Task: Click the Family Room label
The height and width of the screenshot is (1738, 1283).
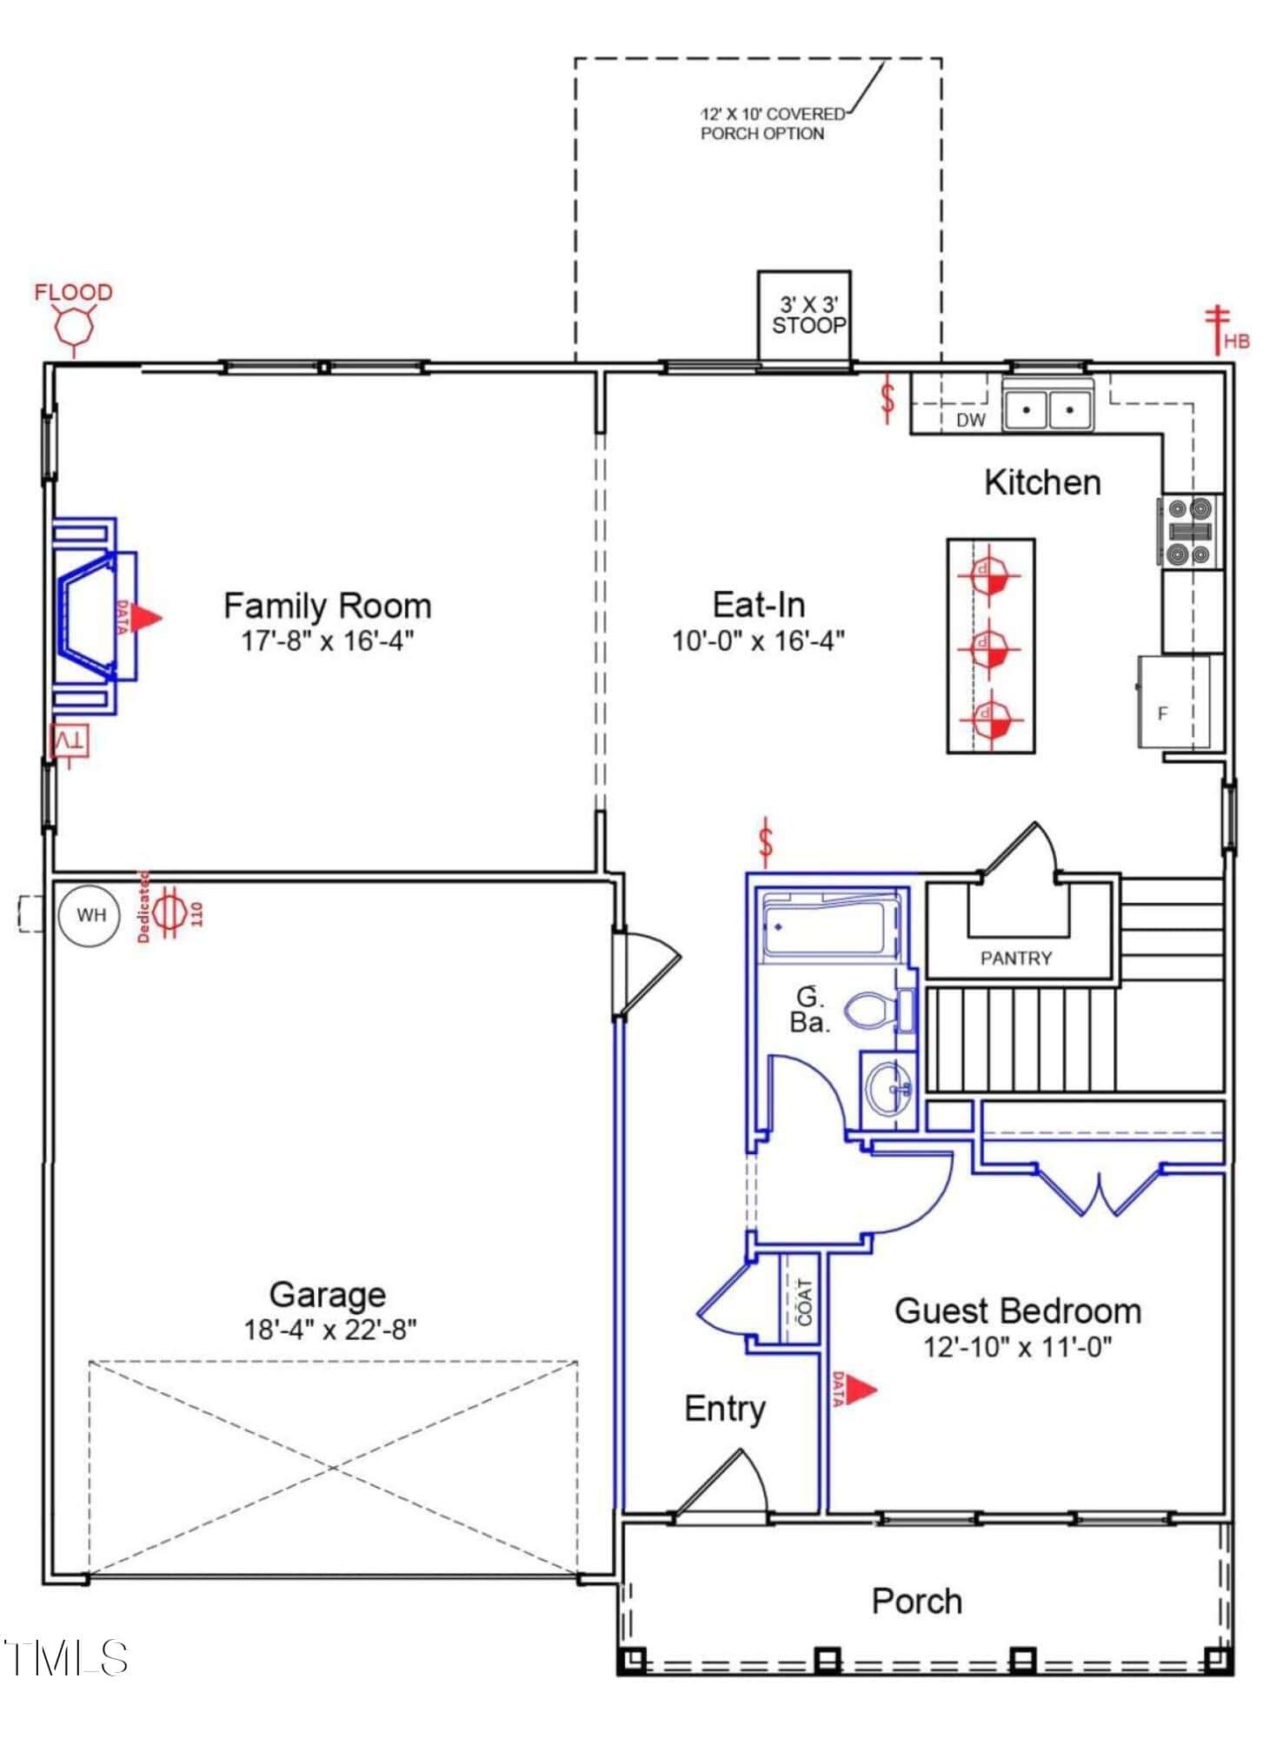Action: (x=328, y=606)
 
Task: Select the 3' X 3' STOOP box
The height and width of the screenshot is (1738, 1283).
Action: (x=804, y=316)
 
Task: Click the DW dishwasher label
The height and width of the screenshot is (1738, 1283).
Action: (x=971, y=420)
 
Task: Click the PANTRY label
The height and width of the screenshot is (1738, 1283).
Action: (x=1016, y=959)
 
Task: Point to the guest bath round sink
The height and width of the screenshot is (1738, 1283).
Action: (x=888, y=1087)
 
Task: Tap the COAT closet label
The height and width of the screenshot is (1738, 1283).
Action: (x=804, y=1302)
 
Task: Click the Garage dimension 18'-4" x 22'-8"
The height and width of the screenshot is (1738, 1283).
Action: (x=330, y=1329)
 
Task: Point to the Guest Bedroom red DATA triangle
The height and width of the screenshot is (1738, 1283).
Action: (x=861, y=1390)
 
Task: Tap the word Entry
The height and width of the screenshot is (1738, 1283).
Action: (x=725, y=1409)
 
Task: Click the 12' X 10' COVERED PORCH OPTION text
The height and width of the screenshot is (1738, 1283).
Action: (x=773, y=123)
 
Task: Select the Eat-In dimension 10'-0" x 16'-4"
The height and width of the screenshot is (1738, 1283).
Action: (x=759, y=641)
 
